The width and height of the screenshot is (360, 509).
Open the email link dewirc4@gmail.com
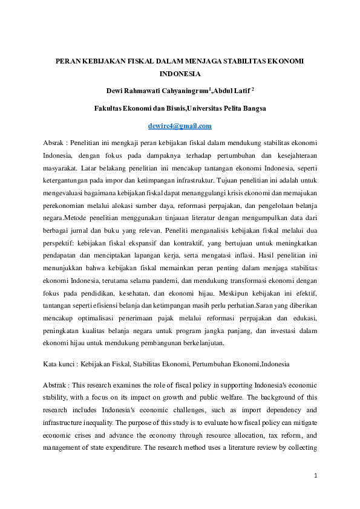pyautogui.click(x=180, y=126)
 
